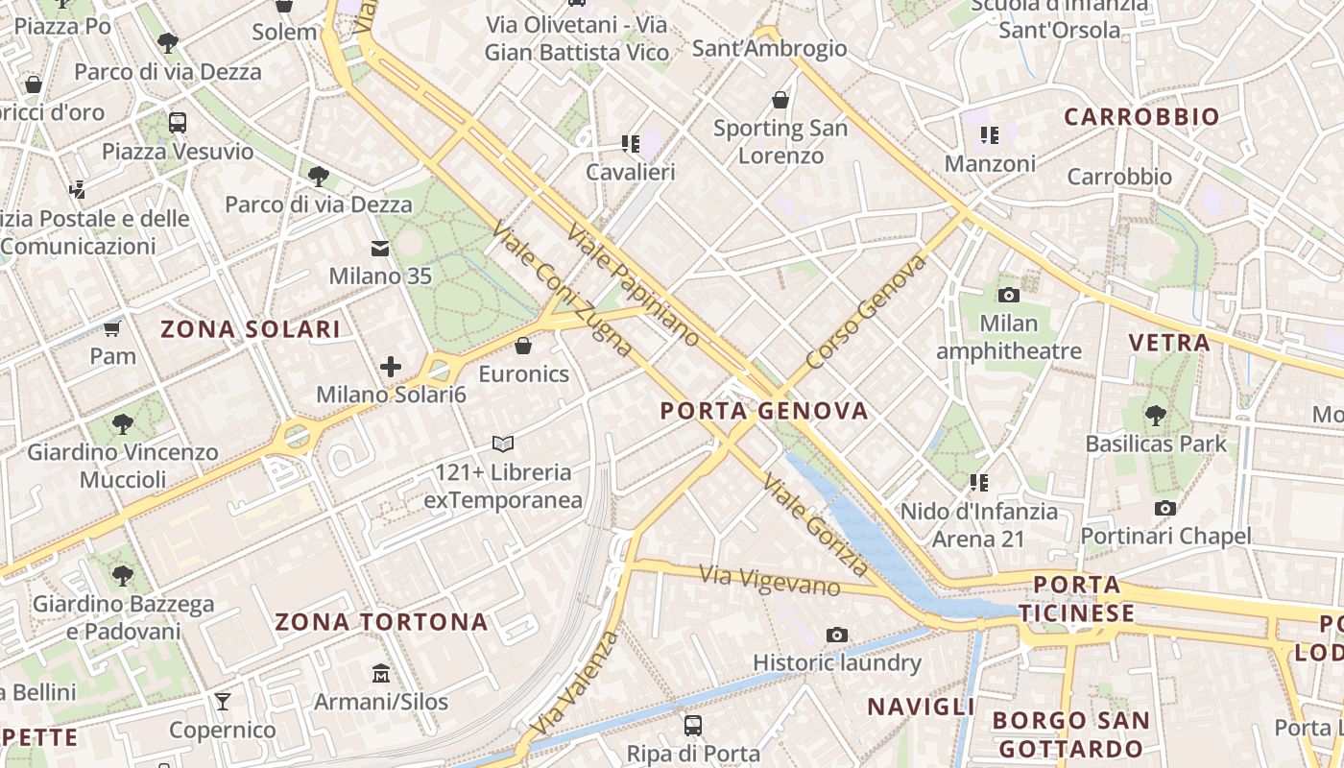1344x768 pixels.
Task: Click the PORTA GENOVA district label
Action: (764, 412)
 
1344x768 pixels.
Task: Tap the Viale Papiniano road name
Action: (634, 285)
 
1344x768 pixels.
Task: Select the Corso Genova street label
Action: (867, 312)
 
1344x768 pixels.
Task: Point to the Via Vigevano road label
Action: (770, 580)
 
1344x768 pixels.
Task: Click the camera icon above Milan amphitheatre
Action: (1008, 295)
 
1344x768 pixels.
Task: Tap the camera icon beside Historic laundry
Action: (837, 635)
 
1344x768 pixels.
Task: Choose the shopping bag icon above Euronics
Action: (523, 346)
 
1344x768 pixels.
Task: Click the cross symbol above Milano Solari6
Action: (391, 366)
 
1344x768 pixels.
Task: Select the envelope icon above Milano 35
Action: (380, 249)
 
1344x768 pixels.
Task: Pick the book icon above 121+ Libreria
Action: (503, 444)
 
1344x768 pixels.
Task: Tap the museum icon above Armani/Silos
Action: (381, 673)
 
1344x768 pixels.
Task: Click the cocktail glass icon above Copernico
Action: (223, 702)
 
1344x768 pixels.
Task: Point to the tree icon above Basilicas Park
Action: (1156, 415)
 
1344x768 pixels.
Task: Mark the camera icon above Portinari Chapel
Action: (1165, 508)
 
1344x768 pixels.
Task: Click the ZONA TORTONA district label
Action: (382, 622)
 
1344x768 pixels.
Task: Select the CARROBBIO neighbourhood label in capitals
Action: (1142, 117)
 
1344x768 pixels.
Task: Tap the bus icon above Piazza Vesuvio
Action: (178, 123)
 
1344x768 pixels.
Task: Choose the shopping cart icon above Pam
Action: (112, 329)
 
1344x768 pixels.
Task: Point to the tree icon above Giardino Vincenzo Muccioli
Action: (122, 423)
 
